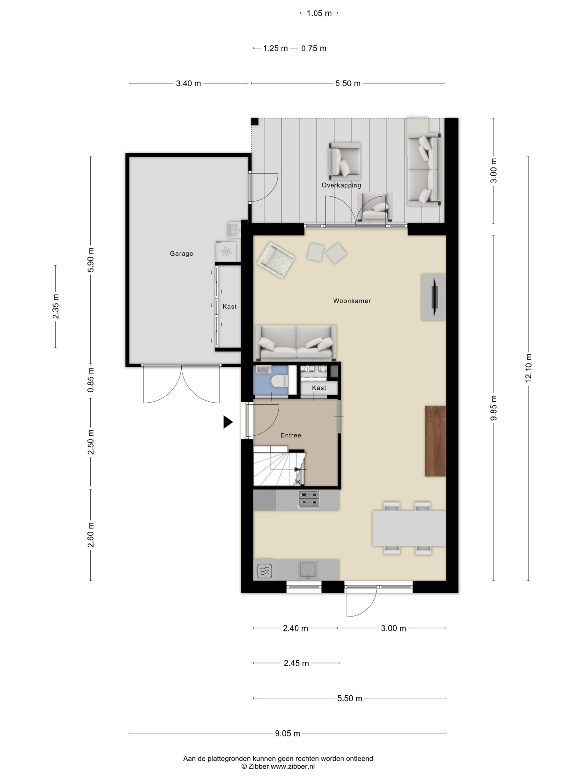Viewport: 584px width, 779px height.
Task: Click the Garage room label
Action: [181, 253]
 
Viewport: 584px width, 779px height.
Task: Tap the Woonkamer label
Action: [352, 301]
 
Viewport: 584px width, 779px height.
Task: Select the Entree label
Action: [290, 435]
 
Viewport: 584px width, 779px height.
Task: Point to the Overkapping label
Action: [341, 185]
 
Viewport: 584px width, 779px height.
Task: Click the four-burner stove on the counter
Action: [309, 500]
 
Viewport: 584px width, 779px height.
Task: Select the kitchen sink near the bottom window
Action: [308, 570]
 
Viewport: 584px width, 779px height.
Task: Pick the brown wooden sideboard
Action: [435, 441]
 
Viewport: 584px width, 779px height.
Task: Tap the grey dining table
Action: [409, 528]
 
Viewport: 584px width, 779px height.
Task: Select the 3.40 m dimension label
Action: [188, 83]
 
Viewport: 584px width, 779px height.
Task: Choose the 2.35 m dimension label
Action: [56, 306]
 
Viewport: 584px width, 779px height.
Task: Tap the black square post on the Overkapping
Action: [255, 122]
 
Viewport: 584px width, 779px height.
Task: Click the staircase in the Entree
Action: [278, 466]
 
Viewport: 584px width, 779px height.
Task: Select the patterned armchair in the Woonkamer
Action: [276, 260]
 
